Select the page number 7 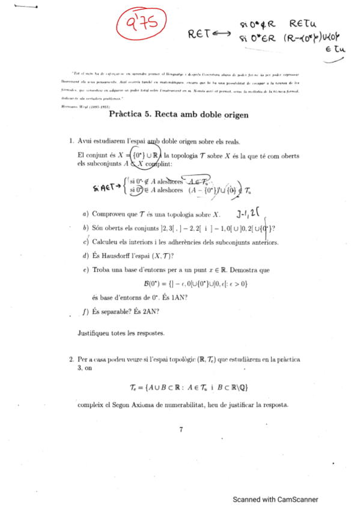coord(180,429)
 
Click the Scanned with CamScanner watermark coord(276,499)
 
